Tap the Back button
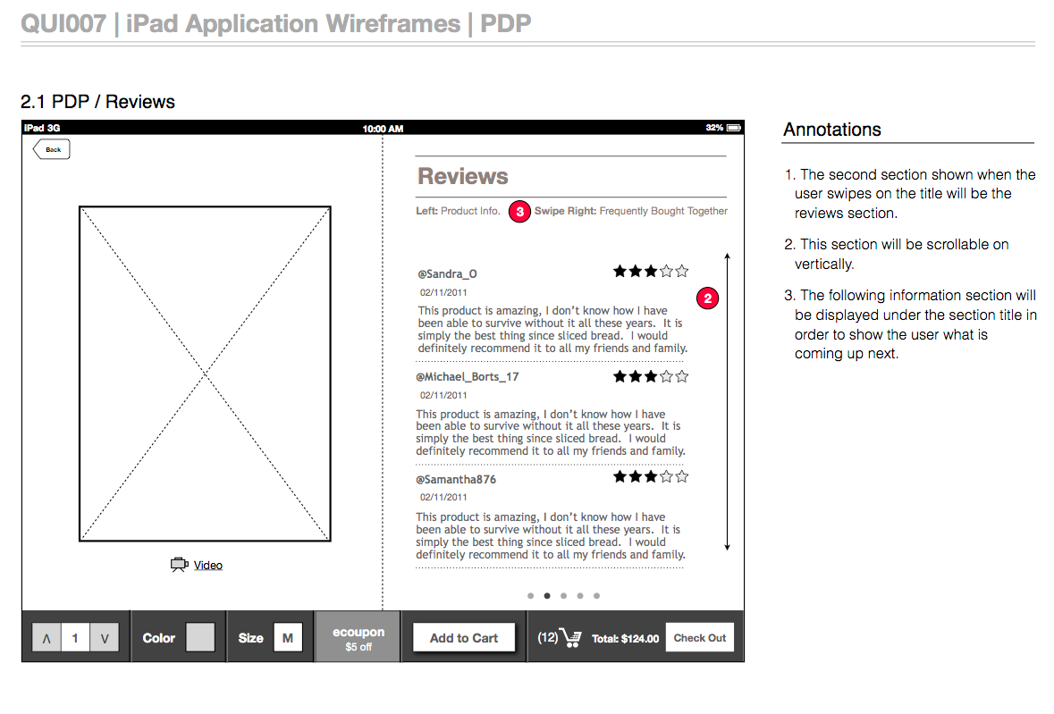click(52, 149)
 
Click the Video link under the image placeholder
click(207, 566)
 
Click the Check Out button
click(700, 638)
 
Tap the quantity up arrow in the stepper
click(46, 638)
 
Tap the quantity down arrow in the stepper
click(105, 638)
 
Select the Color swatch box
click(200, 637)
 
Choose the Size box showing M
click(288, 637)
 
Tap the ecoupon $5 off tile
click(358, 637)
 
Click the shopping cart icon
click(570, 637)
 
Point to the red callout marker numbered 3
click(519, 212)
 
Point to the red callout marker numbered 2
click(707, 298)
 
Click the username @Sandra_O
click(447, 274)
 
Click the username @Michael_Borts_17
click(468, 377)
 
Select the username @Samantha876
click(456, 480)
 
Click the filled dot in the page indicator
click(547, 596)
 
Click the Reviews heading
click(462, 176)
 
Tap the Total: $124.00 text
click(625, 639)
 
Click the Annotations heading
click(832, 130)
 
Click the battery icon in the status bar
click(734, 128)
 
